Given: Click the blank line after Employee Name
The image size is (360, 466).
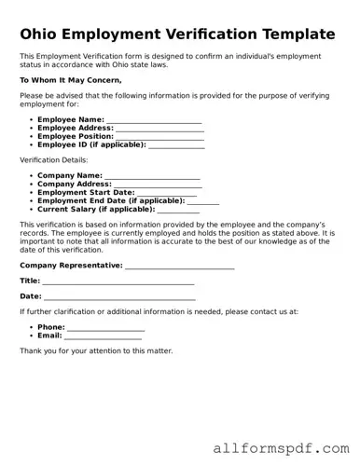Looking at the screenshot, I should tap(154, 120).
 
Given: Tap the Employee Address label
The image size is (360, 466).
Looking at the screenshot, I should tap(75, 129).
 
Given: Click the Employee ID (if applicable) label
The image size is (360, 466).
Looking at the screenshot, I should tap(91, 145).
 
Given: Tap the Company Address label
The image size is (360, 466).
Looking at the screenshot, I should tap(74, 185).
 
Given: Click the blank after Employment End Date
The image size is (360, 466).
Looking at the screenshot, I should tap(203, 201).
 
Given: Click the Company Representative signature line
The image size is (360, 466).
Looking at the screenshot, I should tap(179, 266).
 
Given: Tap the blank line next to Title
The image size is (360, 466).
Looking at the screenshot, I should tap(118, 281).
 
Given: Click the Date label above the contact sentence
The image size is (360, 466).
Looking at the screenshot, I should tap(30, 296).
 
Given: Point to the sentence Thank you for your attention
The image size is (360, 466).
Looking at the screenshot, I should tap(96, 351).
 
